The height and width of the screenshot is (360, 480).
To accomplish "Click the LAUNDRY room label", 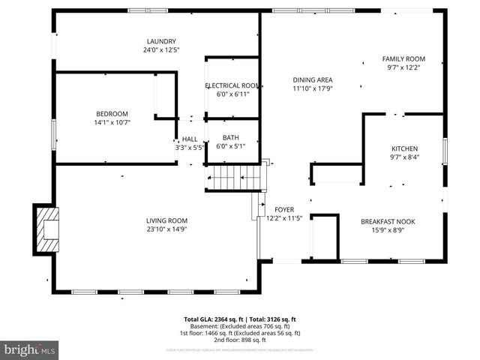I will click(x=161, y=41).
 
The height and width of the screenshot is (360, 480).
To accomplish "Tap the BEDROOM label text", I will click(x=112, y=114).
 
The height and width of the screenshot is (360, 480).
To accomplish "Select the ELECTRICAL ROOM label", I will click(x=232, y=85).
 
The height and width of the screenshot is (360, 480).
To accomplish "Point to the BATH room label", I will click(x=232, y=138).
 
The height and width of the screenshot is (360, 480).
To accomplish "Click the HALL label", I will click(x=190, y=139).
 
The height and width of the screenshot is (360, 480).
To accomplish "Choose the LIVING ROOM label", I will click(x=166, y=220).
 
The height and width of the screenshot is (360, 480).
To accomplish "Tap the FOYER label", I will click(x=284, y=210).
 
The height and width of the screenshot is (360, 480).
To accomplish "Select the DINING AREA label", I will click(x=313, y=79).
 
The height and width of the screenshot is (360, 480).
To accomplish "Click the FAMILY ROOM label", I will click(x=403, y=58).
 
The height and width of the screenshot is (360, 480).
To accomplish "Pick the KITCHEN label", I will click(x=404, y=148).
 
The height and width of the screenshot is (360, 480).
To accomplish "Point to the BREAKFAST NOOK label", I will click(x=388, y=221).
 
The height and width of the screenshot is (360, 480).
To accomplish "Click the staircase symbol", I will click(x=235, y=178).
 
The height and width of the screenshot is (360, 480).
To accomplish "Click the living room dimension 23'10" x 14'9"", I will click(x=166, y=229).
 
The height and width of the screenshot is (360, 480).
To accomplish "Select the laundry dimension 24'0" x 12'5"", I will click(x=161, y=49).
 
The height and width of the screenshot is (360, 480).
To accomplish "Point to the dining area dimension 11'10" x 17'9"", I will click(x=313, y=88).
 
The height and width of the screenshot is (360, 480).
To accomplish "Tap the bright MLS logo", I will click(x=30, y=350).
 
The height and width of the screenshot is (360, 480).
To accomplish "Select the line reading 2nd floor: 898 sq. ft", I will click(x=240, y=339).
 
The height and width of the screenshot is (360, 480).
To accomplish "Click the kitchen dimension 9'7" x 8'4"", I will click(x=404, y=157).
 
